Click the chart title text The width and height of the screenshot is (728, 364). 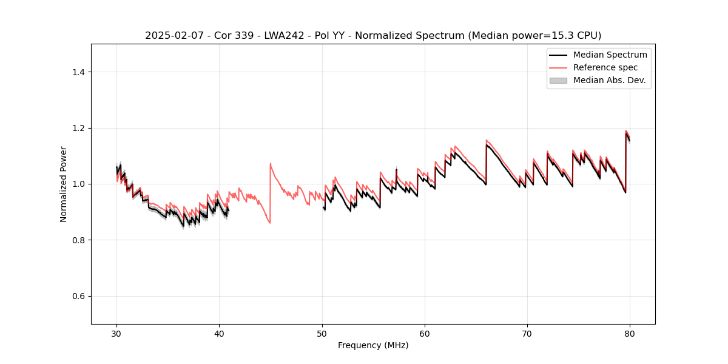(373, 35)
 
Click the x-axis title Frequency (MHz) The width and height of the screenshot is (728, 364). (373, 345)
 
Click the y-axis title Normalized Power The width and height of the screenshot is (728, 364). (64, 184)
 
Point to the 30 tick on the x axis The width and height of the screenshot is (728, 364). (116, 333)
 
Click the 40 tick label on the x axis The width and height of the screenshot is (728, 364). (219, 333)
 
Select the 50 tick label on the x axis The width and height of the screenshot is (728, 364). (322, 333)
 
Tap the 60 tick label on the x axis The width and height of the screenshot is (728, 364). (425, 333)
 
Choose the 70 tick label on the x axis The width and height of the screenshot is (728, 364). (527, 333)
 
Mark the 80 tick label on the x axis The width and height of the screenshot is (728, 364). (630, 333)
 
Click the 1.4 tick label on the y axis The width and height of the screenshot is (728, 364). (78, 72)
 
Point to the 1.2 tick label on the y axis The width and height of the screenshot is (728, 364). (78, 128)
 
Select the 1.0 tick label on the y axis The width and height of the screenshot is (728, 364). (78, 184)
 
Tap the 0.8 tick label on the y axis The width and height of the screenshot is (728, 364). (78, 240)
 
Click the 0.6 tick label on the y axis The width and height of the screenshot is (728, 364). (78, 296)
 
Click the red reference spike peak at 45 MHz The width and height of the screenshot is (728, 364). (271, 163)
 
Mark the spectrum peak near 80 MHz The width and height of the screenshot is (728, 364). (626, 132)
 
